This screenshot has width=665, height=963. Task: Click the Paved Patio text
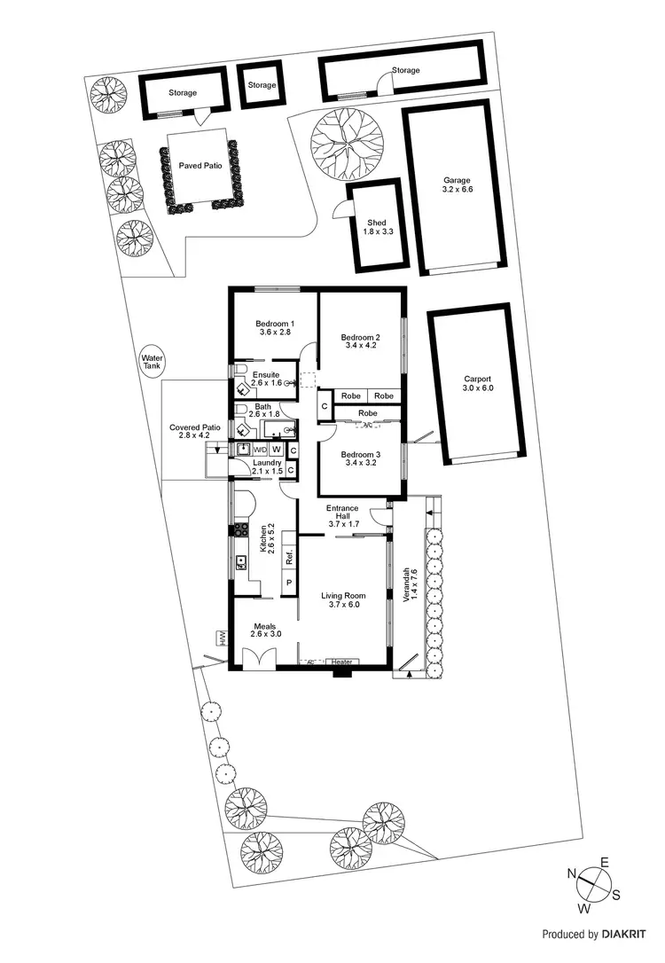coord(200,165)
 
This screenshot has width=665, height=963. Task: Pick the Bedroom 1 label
coord(275,327)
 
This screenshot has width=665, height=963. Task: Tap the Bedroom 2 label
coord(361,341)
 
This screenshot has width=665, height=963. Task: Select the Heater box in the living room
coord(343,662)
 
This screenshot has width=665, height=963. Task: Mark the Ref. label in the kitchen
coord(289,559)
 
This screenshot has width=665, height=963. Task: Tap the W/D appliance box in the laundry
coord(261,450)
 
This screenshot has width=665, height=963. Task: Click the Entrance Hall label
coord(341,516)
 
